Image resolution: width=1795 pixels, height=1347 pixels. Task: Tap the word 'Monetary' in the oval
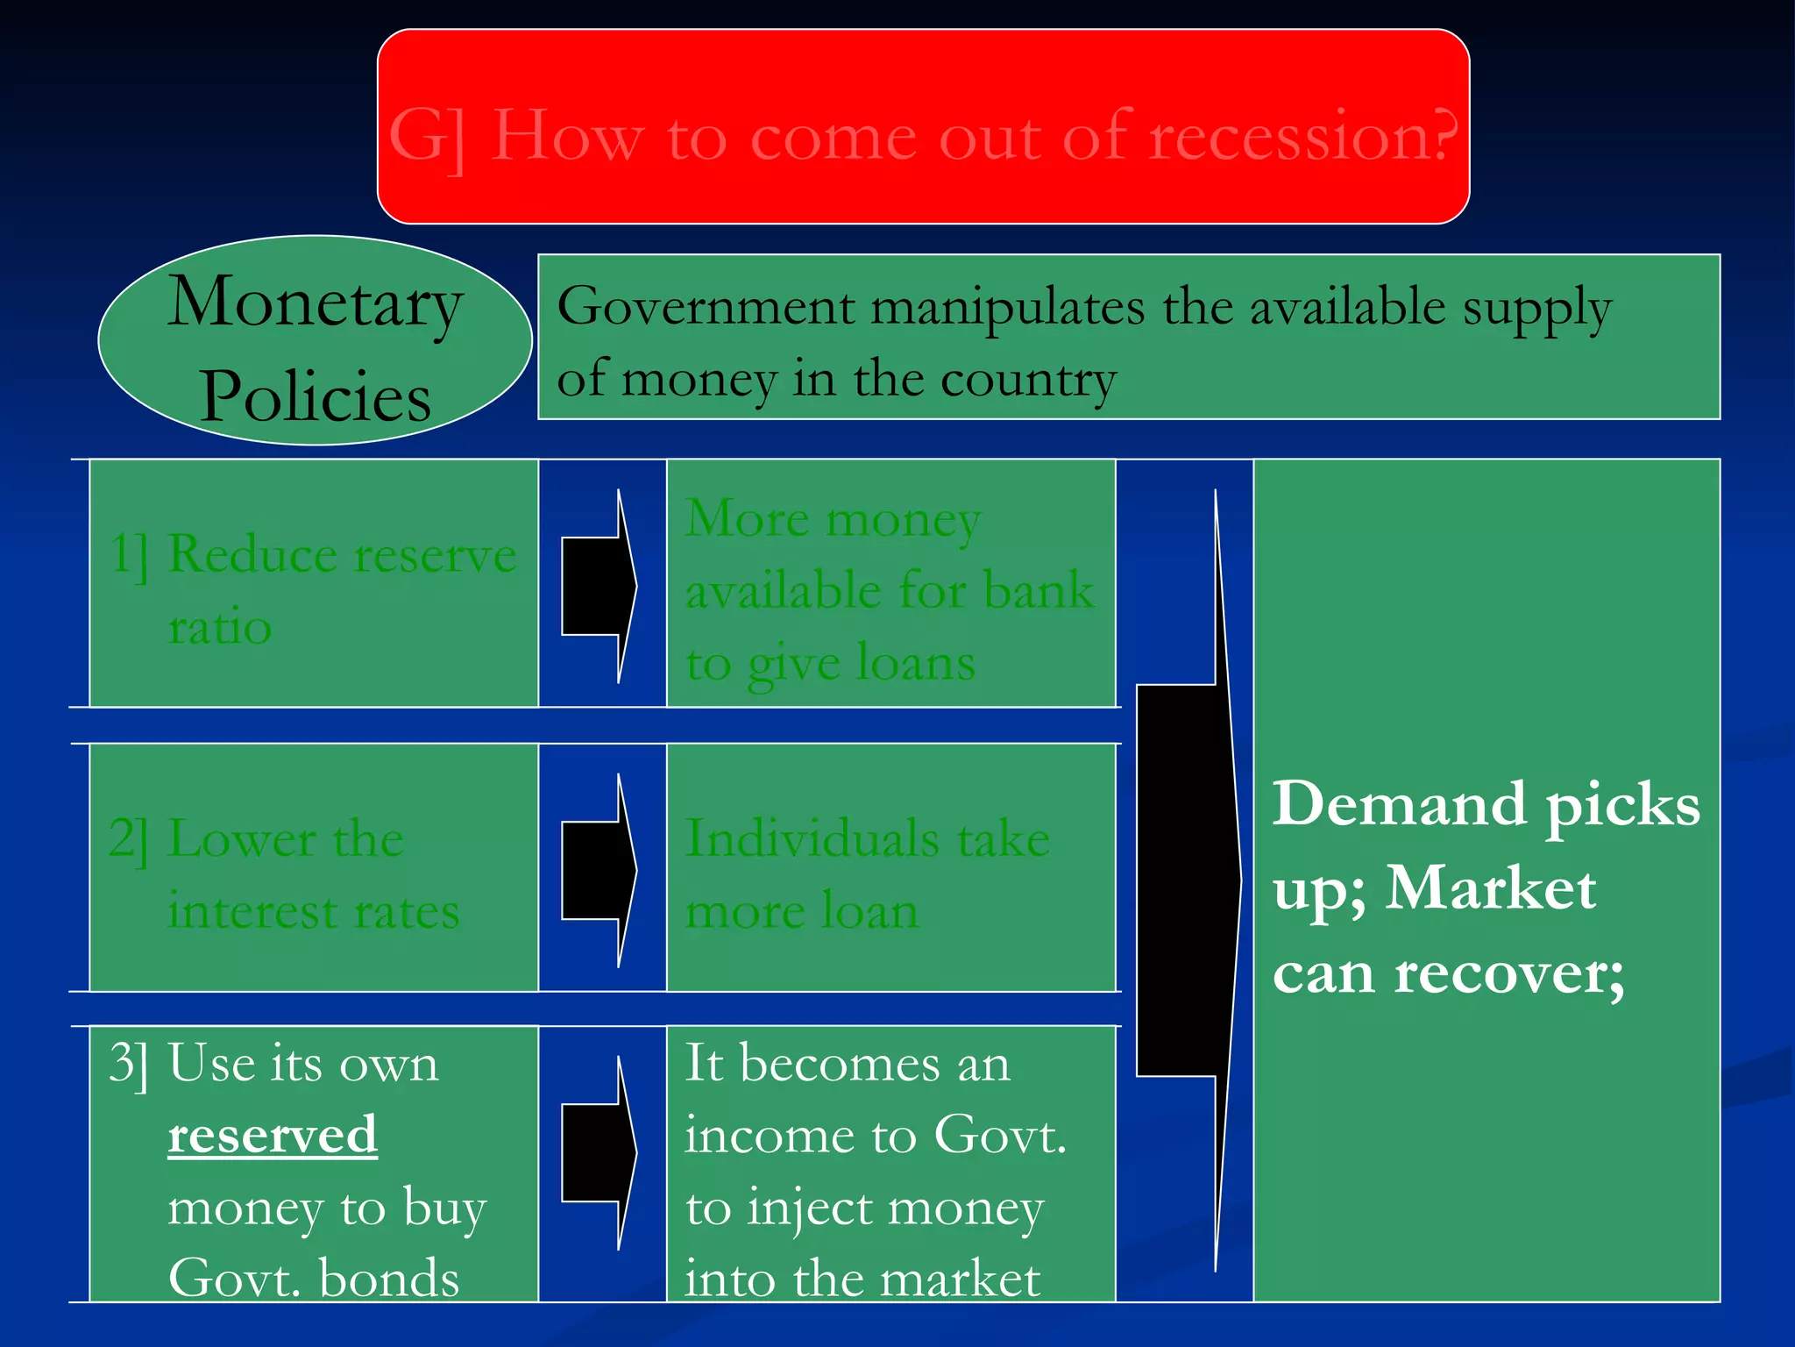[x=315, y=303]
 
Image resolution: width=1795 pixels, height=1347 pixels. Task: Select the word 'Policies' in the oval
[x=315, y=396]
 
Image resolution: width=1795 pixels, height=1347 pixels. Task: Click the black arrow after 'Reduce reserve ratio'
[x=600, y=586]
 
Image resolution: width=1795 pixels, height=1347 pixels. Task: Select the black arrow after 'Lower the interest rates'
[x=600, y=870]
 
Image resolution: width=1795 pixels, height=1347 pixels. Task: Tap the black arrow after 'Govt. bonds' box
[x=600, y=1152]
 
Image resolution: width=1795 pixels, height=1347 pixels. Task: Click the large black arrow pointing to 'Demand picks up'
[x=1188, y=880]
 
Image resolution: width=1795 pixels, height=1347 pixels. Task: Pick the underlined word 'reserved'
[x=273, y=1135]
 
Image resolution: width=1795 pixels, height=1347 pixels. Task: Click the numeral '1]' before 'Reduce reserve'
[x=129, y=555]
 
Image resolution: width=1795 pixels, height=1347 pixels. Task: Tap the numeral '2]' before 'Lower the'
[x=129, y=839]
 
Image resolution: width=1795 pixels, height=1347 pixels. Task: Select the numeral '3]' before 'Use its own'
[x=129, y=1064]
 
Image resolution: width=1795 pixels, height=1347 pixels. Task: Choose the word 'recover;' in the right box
[x=1508, y=973]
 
